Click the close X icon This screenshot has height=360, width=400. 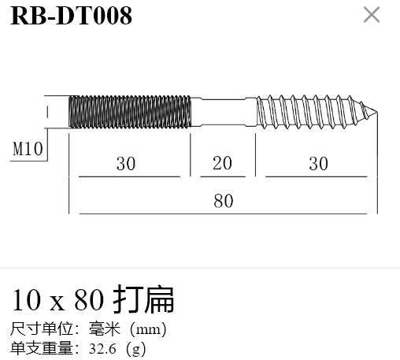[372, 15]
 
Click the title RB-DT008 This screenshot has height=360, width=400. [71, 16]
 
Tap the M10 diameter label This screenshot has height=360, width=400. [28, 149]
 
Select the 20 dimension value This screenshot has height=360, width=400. [222, 163]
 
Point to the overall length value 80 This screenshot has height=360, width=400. [224, 201]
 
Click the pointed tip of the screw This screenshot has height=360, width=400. [377, 112]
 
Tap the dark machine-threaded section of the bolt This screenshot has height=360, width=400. [130, 112]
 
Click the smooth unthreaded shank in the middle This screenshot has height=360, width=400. [224, 112]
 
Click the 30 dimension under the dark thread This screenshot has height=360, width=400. [126, 164]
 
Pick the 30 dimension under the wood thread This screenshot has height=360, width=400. [318, 164]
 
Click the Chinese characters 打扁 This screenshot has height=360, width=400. [143, 299]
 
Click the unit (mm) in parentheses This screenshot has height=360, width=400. [148, 329]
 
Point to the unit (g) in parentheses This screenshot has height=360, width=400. [135, 349]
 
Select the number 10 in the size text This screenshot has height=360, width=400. [27, 300]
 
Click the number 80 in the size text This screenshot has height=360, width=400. [89, 300]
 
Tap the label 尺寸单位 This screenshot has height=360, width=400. [42, 328]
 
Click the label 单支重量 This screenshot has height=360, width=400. [42, 348]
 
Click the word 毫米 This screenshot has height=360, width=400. [105, 328]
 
